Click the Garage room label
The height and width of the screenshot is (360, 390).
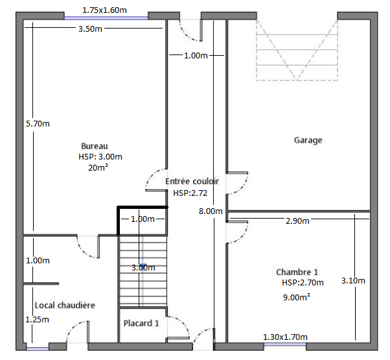tap(308, 140)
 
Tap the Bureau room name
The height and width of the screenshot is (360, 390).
tap(95, 146)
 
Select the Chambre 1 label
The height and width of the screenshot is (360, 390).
tap(297, 272)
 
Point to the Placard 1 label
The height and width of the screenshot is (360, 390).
tap(141, 323)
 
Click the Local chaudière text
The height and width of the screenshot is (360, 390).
tap(65, 306)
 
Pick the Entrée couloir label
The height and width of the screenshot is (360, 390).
tap(192, 181)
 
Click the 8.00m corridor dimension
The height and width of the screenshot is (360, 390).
tap(211, 211)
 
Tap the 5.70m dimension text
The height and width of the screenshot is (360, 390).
tap(38, 123)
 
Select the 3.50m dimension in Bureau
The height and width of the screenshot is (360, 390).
tap(90, 29)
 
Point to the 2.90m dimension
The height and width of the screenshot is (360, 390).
tap(297, 221)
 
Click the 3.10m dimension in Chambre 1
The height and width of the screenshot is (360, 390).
tap(353, 281)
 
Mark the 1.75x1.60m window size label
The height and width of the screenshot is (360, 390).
tap(104, 10)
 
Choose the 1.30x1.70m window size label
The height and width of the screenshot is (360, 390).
tap(285, 337)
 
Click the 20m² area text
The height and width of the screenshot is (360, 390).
tap(98, 167)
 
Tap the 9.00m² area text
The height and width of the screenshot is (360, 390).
tap(297, 297)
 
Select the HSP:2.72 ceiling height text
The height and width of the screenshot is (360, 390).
tap(190, 193)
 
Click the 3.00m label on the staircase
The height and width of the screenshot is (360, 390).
tap(143, 268)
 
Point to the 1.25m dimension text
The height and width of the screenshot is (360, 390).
tap(37, 319)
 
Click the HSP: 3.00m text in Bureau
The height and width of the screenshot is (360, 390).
tap(100, 156)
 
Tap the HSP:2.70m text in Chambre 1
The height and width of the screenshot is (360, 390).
tap(303, 283)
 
